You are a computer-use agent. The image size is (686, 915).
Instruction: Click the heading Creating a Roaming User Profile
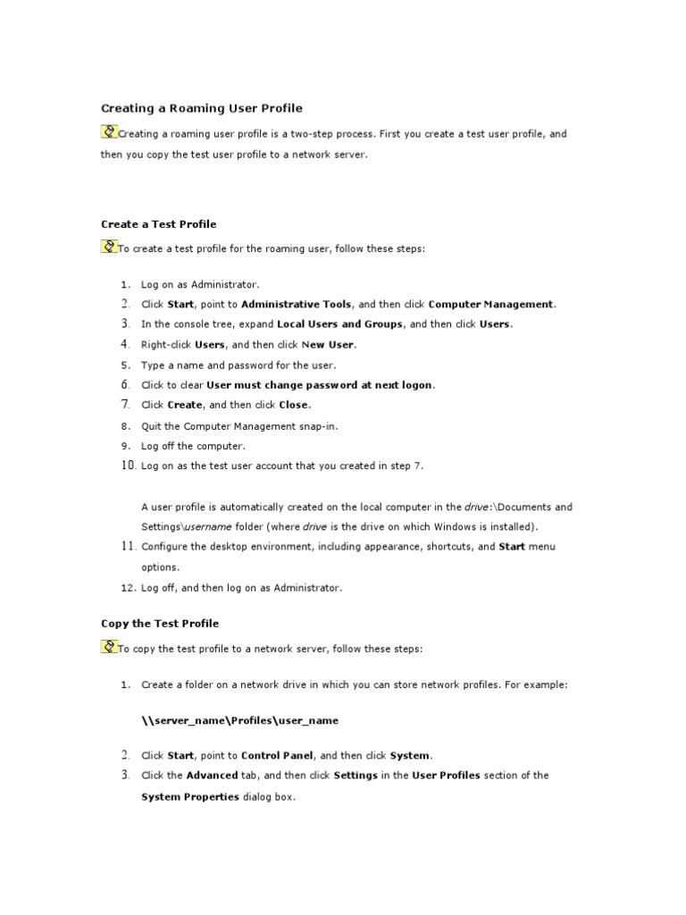(x=201, y=108)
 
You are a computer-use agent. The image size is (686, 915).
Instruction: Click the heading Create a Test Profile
(x=158, y=224)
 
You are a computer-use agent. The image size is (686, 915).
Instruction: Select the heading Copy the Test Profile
(x=159, y=623)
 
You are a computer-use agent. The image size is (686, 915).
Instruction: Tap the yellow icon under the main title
(x=109, y=132)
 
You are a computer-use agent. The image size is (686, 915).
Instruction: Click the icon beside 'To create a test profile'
(x=109, y=248)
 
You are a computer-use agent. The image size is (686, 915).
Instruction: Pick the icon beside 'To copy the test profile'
(x=109, y=647)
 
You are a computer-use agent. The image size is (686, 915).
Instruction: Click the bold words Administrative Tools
(x=297, y=305)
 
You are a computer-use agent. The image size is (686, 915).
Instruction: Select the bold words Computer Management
(x=491, y=305)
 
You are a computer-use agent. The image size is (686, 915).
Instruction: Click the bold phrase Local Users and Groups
(x=340, y=324)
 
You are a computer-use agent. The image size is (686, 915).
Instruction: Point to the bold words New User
(x=330, y=344)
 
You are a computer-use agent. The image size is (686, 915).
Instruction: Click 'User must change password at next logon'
(x=320, y=385)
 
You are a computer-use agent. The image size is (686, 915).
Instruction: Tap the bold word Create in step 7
(x=185, y=405)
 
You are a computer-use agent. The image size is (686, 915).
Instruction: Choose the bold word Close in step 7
(x=294, y=405)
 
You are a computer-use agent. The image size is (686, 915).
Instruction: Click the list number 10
(x=126, y=466)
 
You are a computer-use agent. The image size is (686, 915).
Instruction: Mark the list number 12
(x=126, y=588)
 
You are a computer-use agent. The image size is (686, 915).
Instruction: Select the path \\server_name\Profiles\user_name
(x=239, y=719)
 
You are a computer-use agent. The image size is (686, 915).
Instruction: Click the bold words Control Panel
(x=277, y=755)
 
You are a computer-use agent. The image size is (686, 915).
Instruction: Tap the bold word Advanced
(x=212, y=776)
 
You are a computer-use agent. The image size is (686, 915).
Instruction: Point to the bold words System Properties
(x=189, y=796)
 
